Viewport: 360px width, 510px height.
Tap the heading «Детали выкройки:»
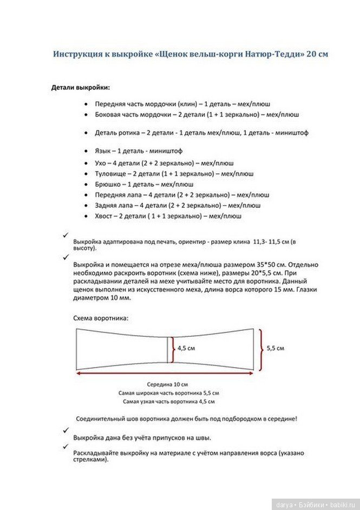click(81, 87)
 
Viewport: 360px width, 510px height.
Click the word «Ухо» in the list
click(101, 163)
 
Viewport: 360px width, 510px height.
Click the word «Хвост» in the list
click(104, 216)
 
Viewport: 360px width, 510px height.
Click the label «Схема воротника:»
click(101, 318)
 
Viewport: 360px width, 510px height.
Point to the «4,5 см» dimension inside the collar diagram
click(186, 348)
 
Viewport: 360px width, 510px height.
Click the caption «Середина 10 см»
click(168, 384)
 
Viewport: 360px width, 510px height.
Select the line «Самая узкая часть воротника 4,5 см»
click(168, 402)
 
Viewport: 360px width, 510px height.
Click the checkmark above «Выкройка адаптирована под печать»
click(66, 233)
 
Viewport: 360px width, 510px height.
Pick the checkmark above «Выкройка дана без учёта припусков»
click(66, 430)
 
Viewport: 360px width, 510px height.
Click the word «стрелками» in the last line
click(90, 460)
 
